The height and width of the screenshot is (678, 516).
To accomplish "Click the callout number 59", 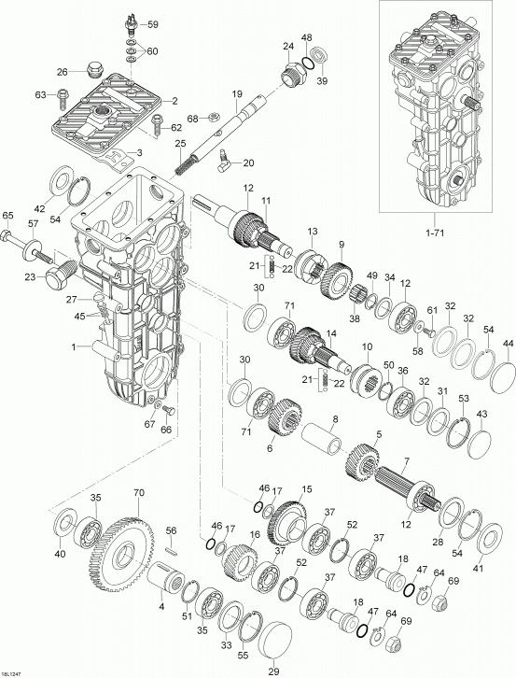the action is tap(152, 24).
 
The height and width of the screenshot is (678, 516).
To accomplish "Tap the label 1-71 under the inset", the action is tap(435, 233).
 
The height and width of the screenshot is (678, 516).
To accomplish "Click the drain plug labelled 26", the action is tap(92, 70).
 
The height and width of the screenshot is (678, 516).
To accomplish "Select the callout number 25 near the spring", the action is tap(180, 143).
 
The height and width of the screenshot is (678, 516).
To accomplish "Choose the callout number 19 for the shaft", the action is tap(236, 93).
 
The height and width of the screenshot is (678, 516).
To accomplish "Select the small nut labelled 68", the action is tap(212, 116).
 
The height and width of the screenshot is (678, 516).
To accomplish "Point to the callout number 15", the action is tap(306, 489).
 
